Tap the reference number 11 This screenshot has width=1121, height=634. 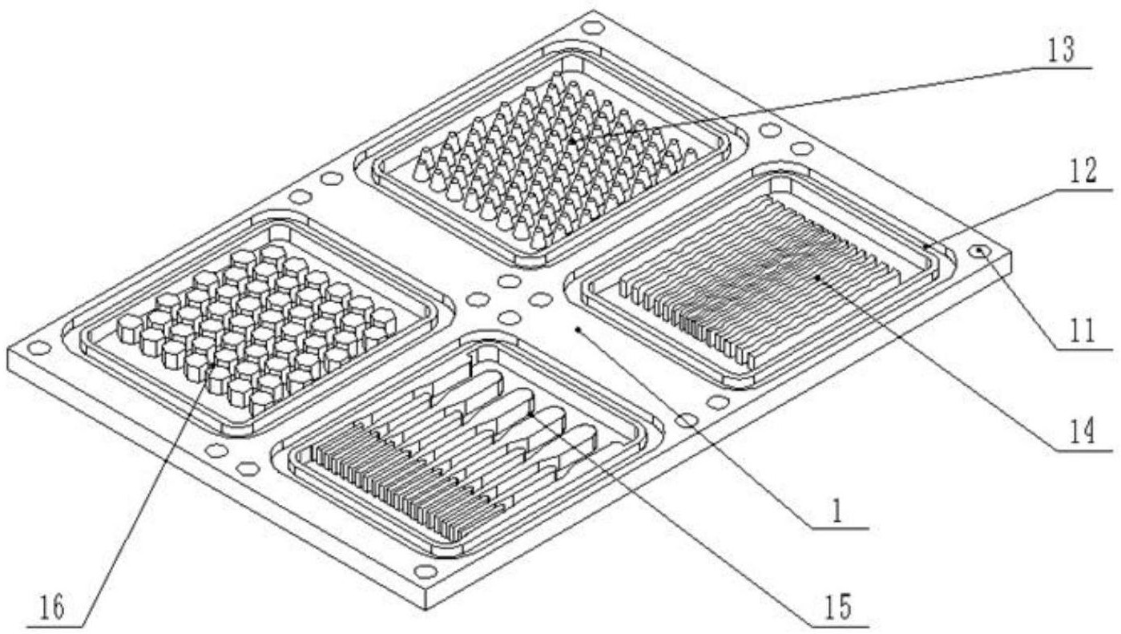[x=1082, y=331]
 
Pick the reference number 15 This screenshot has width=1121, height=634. [x=838, y=607]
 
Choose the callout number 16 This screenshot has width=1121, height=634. [x=52, y=608]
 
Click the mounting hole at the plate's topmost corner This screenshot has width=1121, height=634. [x=593, y=27]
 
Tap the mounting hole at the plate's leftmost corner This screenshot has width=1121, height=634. [x=39, y=347]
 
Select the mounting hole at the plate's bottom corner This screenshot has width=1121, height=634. [x=425, y=571]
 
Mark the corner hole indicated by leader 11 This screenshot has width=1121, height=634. [x=979, y=251]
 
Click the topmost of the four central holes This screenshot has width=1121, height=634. [x=509, y=281]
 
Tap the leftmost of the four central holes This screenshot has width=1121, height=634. [x=478, y=299]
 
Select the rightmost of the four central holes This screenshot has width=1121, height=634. [x=541, y=299]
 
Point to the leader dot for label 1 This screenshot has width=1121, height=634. [x=578, y=329]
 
